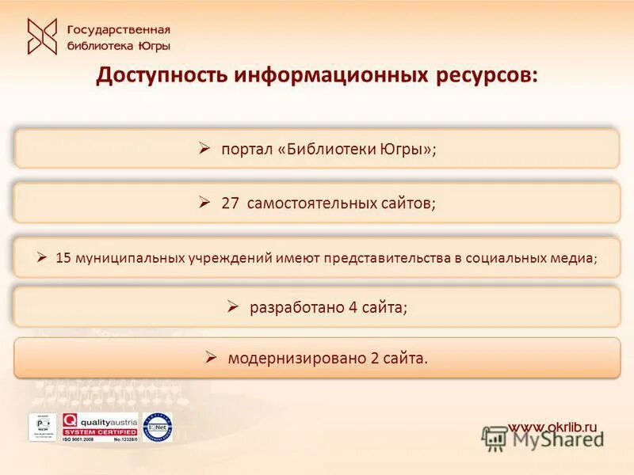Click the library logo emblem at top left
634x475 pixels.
coord(42,36)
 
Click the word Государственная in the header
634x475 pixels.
coord(119,30)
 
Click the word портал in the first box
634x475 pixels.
coord(247,149)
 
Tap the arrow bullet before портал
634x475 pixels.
coord(204,148)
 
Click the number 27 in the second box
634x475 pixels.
coord(230,203)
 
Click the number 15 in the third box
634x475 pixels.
coord(63,257)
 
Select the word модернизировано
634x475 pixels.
coord(296,358)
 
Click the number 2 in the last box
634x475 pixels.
coord(374,358)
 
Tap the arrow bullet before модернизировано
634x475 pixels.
coord(212,357)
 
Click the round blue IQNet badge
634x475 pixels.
coord(158,427)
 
